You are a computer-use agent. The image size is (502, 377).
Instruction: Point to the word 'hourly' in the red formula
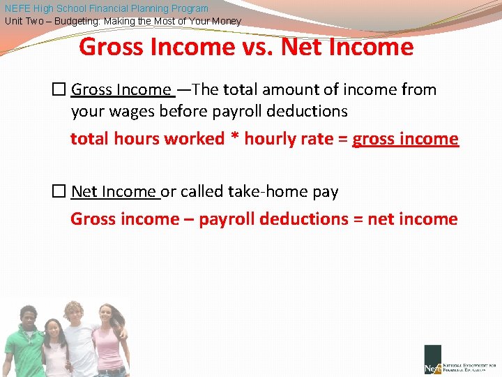(271, 139)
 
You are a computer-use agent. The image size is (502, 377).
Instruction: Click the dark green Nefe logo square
(432, 359)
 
